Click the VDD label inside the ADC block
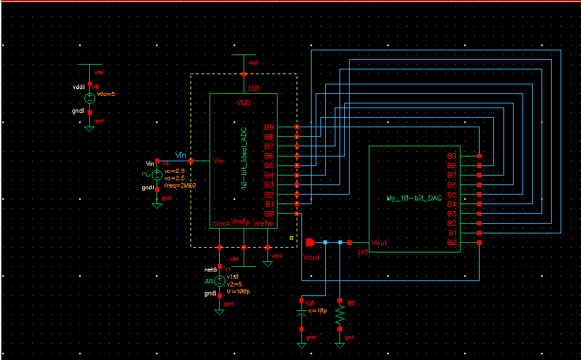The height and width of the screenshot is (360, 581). point(243,103)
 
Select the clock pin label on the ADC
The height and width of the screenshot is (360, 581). point(222,223)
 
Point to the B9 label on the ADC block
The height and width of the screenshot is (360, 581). point(269,127)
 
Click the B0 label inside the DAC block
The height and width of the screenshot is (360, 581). point(451,242)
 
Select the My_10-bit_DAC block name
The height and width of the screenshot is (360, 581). point(414,198)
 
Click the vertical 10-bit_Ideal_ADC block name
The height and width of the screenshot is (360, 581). point(243,157)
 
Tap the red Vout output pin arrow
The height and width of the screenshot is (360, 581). point(310,242)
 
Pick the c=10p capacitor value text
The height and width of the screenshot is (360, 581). point(318,310)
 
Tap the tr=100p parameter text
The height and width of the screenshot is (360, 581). point(239,291)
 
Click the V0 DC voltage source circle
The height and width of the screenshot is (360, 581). point(89,97)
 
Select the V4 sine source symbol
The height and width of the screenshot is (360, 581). point(157,175)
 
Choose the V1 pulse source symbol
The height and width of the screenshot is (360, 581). point(219,280)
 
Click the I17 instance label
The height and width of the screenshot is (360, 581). point(363,252)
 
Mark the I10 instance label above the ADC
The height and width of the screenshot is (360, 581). point(253,88)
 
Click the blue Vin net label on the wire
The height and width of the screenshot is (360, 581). point(180,155)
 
